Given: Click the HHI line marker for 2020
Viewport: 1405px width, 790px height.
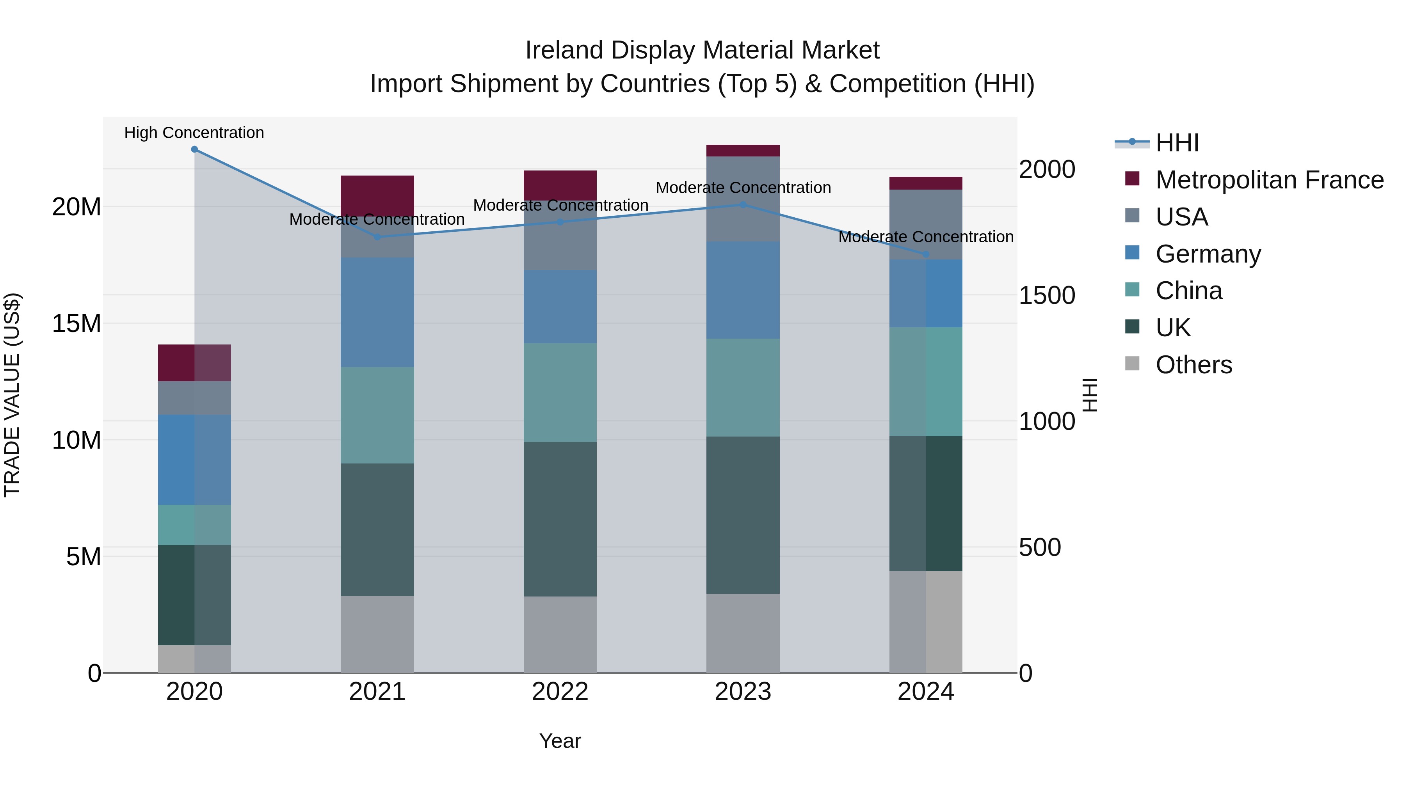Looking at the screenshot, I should tap(194, 149).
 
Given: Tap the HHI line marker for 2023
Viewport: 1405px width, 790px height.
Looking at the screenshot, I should tap(743, 205).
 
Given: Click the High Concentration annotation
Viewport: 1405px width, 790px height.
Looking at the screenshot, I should tap(194, 133).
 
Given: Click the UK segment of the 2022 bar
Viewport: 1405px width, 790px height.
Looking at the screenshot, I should tap(560, 519).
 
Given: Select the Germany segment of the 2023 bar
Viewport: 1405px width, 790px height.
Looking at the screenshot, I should tap(743, 290).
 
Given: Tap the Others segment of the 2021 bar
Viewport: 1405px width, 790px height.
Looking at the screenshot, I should tap(377, 634).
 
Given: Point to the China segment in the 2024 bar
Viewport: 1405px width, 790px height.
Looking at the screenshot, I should tap(926, 382).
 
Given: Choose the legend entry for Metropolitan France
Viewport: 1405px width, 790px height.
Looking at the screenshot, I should tap(1269, 180).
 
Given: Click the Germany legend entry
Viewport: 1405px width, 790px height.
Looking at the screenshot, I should tap(1208, 254).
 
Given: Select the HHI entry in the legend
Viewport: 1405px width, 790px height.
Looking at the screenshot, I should tap(1177, 143).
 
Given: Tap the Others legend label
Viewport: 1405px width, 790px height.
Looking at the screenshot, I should tap(1194, 365).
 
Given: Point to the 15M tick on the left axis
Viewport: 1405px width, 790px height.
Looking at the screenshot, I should tap(76, 324).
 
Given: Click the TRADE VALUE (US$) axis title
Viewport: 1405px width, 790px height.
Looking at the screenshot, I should tap(12, 395).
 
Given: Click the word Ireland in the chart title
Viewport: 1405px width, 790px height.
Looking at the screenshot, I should tap(564, 50).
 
